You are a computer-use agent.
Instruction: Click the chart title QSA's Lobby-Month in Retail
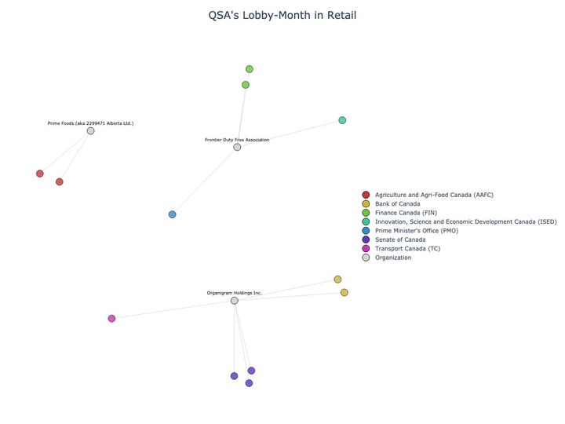click(x=282, y=16)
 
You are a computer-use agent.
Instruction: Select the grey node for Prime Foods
click(x=91, y=130)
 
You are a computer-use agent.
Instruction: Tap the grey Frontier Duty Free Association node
click(x=237, y=147)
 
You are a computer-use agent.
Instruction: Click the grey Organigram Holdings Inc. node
click(x=235, y=301)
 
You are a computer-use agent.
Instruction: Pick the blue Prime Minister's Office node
click(x=173, y=214)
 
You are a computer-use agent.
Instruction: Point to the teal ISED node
click(x=342, y=120)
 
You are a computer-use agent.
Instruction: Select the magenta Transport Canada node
click(x=112, y=318)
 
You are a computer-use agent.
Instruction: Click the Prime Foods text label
click(x=90, y=123)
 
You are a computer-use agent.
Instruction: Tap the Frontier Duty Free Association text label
click(x=237, y=140)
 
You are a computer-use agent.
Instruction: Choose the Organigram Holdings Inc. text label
click(x=234, y=293)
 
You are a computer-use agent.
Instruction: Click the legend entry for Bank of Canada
click(x=397, y=204)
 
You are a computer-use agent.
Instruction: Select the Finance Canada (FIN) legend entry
click(x=406, y=213)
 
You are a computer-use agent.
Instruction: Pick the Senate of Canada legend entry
click(x=400, y=239)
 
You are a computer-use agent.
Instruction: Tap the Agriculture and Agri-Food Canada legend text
click(x=434, y=195)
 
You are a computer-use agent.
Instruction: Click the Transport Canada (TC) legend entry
click(x=407, y=249)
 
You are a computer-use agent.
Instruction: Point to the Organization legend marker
click(x=366, y=258)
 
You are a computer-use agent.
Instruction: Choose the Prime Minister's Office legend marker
click(x=366, y=231)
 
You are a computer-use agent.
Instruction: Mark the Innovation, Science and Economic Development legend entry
click(x=465, y=222)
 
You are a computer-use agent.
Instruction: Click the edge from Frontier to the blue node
click(x=205, y=181)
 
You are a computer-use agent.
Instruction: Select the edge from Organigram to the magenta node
click(x=173, y=309)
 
